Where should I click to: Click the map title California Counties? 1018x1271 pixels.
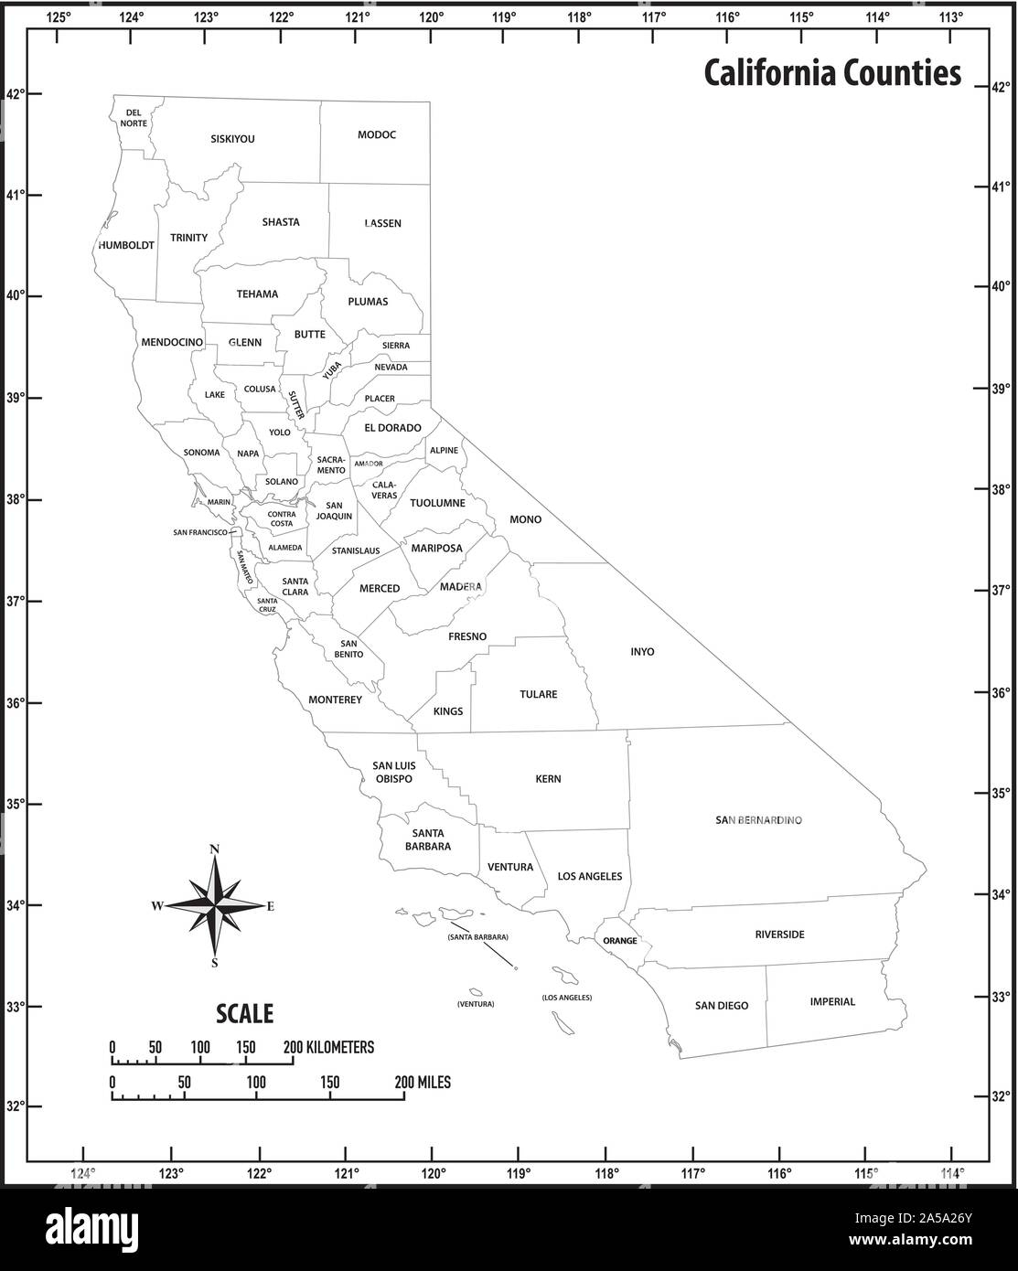pos(832,73)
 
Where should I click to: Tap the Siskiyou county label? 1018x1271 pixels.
pos(232,139)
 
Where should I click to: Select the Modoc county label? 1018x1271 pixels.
pos(377,134)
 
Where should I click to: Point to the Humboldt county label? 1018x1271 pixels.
pos(126,245)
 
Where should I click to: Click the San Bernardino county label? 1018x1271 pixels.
pos(758,820)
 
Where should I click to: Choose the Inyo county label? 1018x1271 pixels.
pos(642,652)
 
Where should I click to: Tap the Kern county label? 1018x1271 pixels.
pos(548,779)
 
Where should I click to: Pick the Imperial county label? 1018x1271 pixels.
pos(832,1001)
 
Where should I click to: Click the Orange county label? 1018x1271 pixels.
pos(619,940)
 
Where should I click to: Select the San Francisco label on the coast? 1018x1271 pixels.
pos(200,532)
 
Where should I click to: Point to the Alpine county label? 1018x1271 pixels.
pos(444,451)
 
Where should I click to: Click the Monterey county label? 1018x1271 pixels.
pos(335,700)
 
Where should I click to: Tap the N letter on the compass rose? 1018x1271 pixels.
pos(215,849)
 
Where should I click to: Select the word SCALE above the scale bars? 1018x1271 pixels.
pos(244,1013)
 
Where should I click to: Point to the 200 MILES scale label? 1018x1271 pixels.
pos(423,1082)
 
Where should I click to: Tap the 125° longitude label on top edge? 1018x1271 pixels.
pos(58,16)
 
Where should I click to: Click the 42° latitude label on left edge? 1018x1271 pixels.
pos(14,93)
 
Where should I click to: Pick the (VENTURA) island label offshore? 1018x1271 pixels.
pos(476,1004)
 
